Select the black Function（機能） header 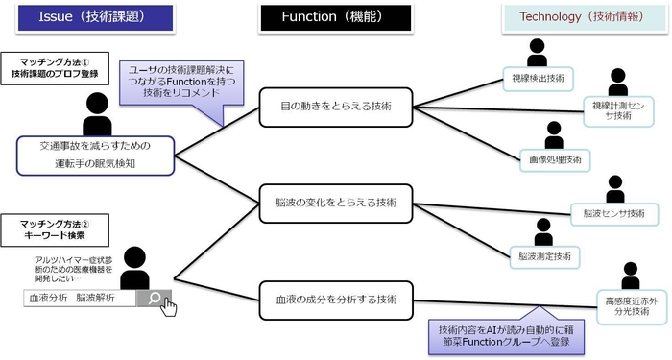pos(335,17)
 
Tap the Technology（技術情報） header pos(568,17)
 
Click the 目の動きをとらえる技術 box pos(336,108)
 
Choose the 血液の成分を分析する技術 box pos(336,299)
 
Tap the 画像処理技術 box pos(554,158)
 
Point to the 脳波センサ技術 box pos(614,212)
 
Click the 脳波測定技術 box pos(544,256)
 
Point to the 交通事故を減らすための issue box pos(95,154)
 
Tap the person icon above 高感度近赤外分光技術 pos(630,275)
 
